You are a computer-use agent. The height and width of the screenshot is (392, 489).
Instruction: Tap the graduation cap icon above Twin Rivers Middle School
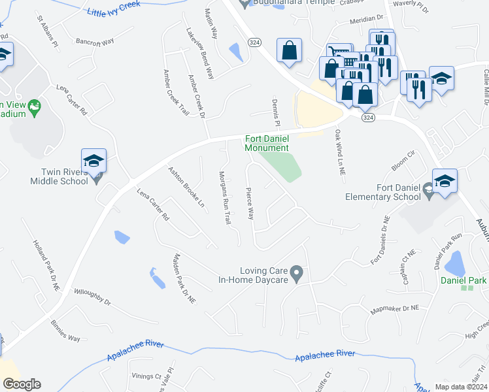click(93, 161)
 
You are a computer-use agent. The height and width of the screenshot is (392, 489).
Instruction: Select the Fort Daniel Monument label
click(266, 143)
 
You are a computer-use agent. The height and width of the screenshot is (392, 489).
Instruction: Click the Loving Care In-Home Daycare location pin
click(297, 271)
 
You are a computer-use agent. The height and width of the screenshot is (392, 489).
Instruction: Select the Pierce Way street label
click(249, 205)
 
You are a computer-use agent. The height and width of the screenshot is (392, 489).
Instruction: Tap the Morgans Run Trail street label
click(224, 199)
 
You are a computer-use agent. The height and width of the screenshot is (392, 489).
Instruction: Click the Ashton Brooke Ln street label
click(187, 186)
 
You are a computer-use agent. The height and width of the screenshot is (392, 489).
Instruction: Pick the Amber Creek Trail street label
click(176, 92)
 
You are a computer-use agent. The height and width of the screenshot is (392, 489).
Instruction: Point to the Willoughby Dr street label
click(93, 297)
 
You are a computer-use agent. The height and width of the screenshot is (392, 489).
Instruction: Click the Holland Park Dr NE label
click(46, 264)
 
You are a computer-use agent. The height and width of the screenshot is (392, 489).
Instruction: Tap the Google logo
click(21, 384)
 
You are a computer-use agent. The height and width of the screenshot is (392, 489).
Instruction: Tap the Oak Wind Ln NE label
click(339, 152)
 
